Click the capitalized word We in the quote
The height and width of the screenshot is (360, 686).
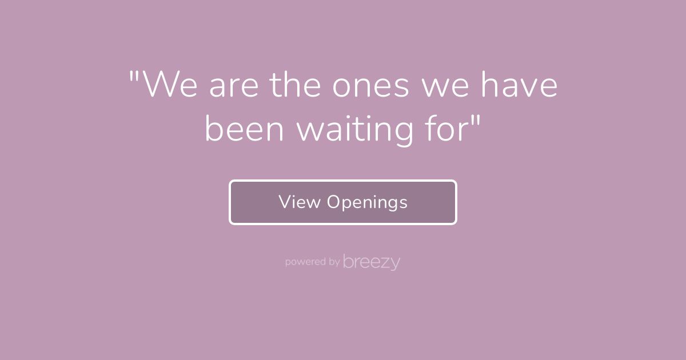[x=170, y=85]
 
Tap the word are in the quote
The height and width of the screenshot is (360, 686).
[x=234, y=87]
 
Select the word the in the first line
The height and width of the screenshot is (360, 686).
[x=295, y=84]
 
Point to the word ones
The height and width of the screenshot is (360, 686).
[x=370, y=87]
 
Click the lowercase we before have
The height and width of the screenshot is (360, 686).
[x=445, y=87]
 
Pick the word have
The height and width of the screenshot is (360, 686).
[x=520, y=84]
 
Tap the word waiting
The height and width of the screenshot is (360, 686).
[x=355, y=131]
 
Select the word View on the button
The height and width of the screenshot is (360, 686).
[x=300, y=202]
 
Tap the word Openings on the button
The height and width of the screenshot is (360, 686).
[x=367, y=203]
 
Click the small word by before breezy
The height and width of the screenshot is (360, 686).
[x=334, y=262]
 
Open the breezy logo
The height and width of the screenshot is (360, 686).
[x=372, y=262]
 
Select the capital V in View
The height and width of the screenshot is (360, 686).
[x=285, y=202]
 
